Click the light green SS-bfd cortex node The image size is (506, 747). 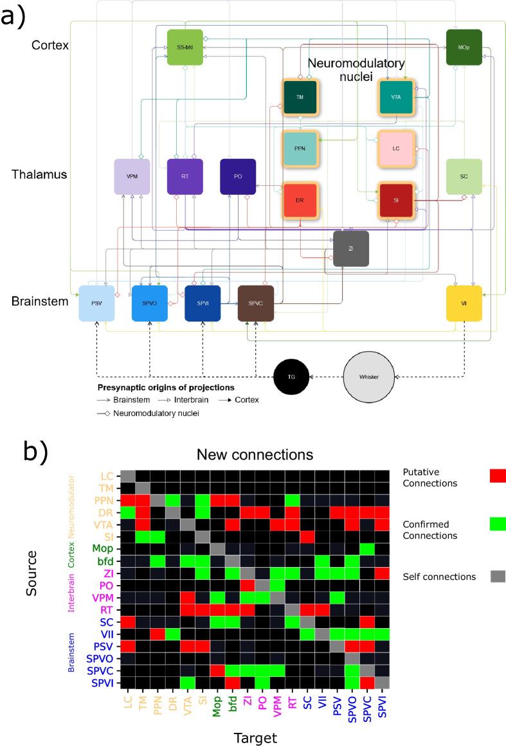(185, 47)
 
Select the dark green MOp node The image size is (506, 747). (464, 47)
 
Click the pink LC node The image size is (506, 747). (395, 148)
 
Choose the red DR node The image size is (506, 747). (300, 200)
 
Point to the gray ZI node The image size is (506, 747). (351, 248)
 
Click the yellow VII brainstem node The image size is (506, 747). (464, 303)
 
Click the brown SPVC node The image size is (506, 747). (256, 303)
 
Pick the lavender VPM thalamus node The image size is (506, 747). (132, 176)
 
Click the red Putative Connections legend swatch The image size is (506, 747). (498, 476)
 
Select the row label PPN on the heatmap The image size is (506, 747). (105, 500)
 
